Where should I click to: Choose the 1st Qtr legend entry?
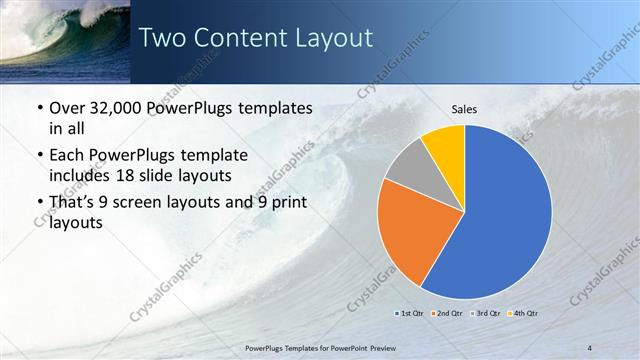tap(410, 313)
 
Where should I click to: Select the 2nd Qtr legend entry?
tap(445, 313)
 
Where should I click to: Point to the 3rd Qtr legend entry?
tap(484, 313)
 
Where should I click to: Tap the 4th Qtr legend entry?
tap(524, 313)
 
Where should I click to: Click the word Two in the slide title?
tap(158, 38)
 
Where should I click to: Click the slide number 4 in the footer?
tap(591, 347)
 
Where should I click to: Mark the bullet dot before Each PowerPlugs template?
tap(39, 155)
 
